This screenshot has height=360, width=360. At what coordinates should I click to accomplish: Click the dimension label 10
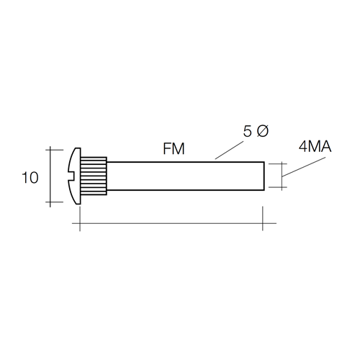coord(30,178)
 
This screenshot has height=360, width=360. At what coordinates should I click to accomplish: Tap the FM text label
coord(174,149)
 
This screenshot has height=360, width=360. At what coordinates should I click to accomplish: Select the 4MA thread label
coord(315,147)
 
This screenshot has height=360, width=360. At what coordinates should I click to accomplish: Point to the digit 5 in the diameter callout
coord(248,131)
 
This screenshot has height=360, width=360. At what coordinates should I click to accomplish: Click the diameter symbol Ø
coord(263,131)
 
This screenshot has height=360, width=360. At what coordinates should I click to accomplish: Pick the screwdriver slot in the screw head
coord(71,176)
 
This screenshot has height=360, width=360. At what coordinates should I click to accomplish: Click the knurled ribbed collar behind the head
coord(94,176)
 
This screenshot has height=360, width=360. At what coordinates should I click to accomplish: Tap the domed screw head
coord(75,176)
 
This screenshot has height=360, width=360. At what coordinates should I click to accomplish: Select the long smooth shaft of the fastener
coord(185,176)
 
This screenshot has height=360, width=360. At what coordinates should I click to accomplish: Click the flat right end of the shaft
coord(264,176)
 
